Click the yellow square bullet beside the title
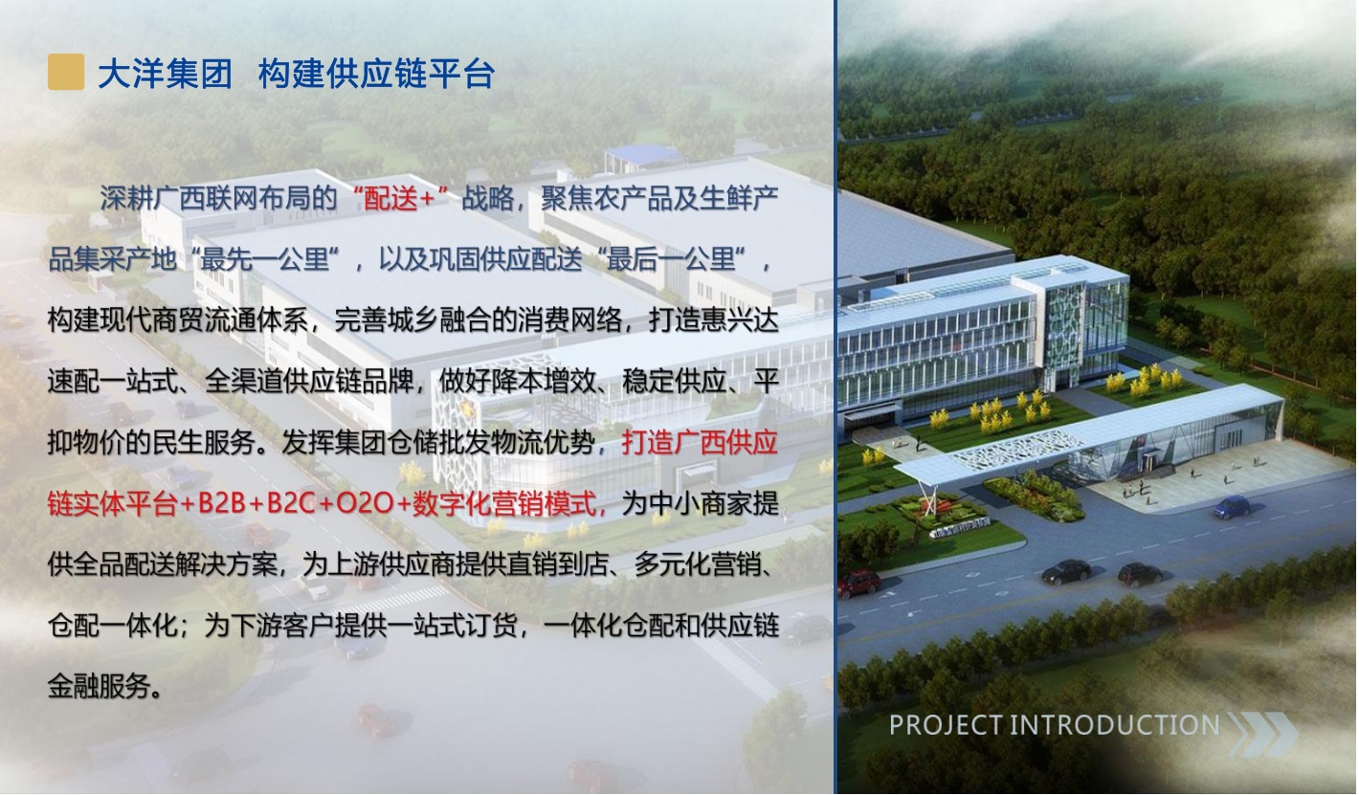(66, 72)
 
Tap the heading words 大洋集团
(165, 74)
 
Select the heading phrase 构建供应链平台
(376, 74)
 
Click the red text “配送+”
(400, 199)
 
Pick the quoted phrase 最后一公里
(672, 260)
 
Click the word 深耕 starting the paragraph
(126, 199)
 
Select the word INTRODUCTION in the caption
(1114, 725)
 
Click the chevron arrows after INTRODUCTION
(1262, 734)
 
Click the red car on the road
(859, 583)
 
